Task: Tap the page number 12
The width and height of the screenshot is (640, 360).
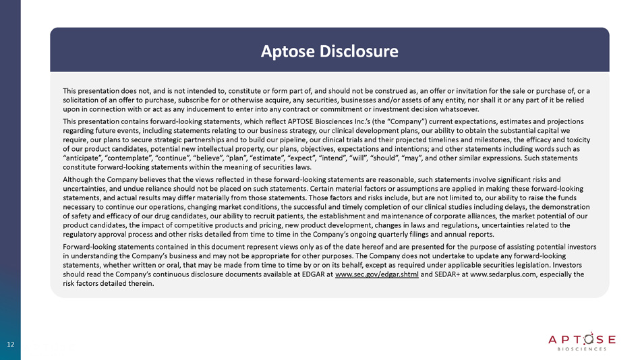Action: (x=10, y=345)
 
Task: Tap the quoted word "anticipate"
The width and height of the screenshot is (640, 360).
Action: (x=84, y=156)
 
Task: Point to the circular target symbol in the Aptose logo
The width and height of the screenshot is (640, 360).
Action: (x=575, y=337)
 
